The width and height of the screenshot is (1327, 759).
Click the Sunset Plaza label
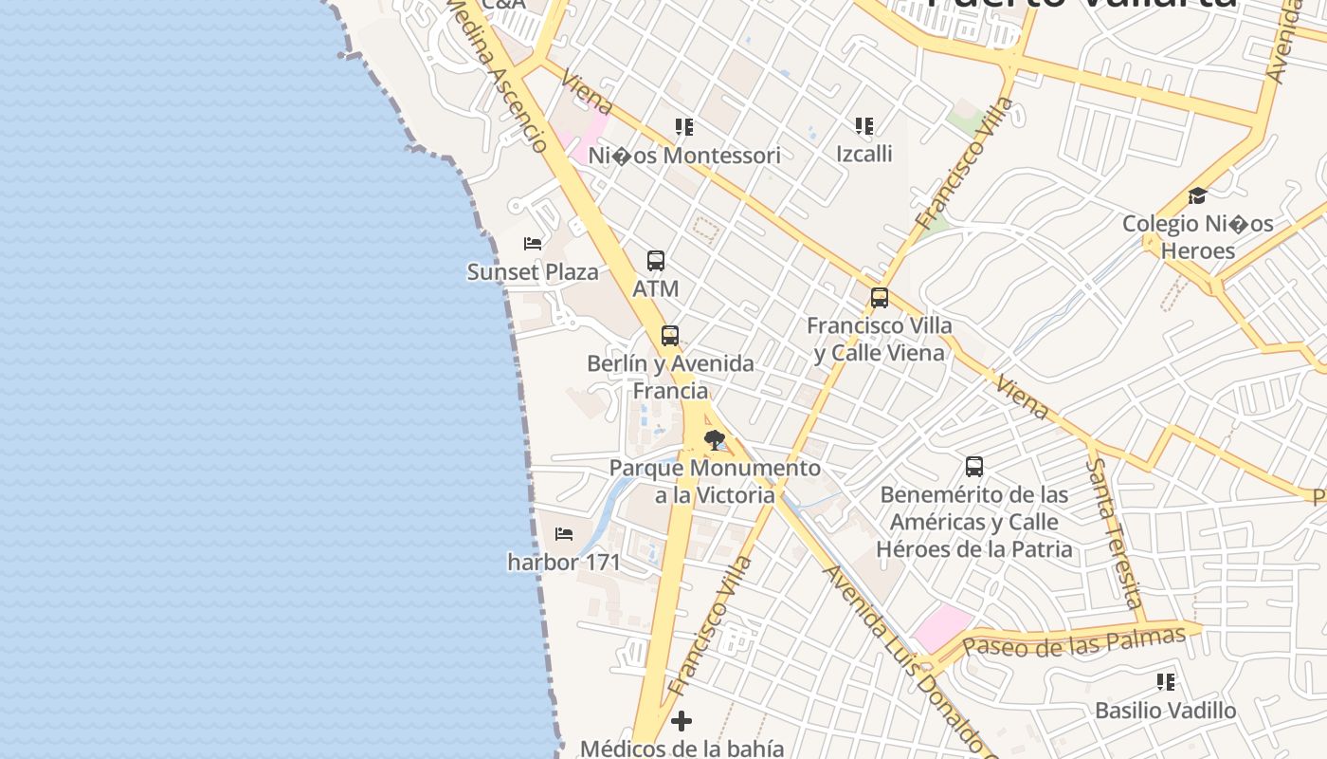point(533,272)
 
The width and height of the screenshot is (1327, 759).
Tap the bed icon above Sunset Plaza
point(533,244)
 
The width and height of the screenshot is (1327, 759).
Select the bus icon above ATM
point(655,261)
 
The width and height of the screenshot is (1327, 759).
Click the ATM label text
point(656,288)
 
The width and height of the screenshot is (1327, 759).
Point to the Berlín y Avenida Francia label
point(670,377)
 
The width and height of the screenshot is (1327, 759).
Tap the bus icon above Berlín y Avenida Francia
point(670,336)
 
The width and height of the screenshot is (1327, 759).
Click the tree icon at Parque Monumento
point(714,439)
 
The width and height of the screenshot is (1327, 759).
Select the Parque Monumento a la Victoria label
point(715,481)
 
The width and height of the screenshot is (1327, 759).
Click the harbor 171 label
point(564,563)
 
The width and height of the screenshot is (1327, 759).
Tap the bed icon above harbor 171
point(564,534)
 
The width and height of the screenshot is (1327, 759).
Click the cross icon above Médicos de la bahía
point(682,722)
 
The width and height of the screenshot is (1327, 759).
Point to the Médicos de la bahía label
point(682,749)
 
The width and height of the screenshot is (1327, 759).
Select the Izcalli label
point(863,154)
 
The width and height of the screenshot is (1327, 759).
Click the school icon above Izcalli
point(863,126)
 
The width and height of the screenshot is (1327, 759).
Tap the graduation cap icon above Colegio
point(1197,196)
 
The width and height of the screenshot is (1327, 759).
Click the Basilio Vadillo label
point(1165,711)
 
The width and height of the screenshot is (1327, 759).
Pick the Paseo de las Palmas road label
point(1073,642)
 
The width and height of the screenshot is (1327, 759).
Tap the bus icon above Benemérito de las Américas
point(974,467)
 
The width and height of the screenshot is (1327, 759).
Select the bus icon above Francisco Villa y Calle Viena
point(880,298)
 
